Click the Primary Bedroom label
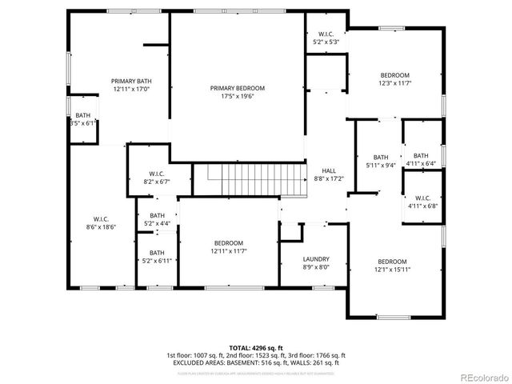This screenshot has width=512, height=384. tap(238, 88)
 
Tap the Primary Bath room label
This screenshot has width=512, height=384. tap(131, 81)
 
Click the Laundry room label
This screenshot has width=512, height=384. tap(316, 259)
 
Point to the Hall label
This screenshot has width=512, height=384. tap(329, 171)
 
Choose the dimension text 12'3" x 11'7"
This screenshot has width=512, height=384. tap(394, 82)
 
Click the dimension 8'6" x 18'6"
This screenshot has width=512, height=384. tap(100, 227)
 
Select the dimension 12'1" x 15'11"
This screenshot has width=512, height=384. tap(392, 270)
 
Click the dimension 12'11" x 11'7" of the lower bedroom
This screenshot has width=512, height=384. tap(228, 251)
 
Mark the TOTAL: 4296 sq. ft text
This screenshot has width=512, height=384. tap(255, 348)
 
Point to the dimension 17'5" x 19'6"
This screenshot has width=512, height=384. tap(238, 96)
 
